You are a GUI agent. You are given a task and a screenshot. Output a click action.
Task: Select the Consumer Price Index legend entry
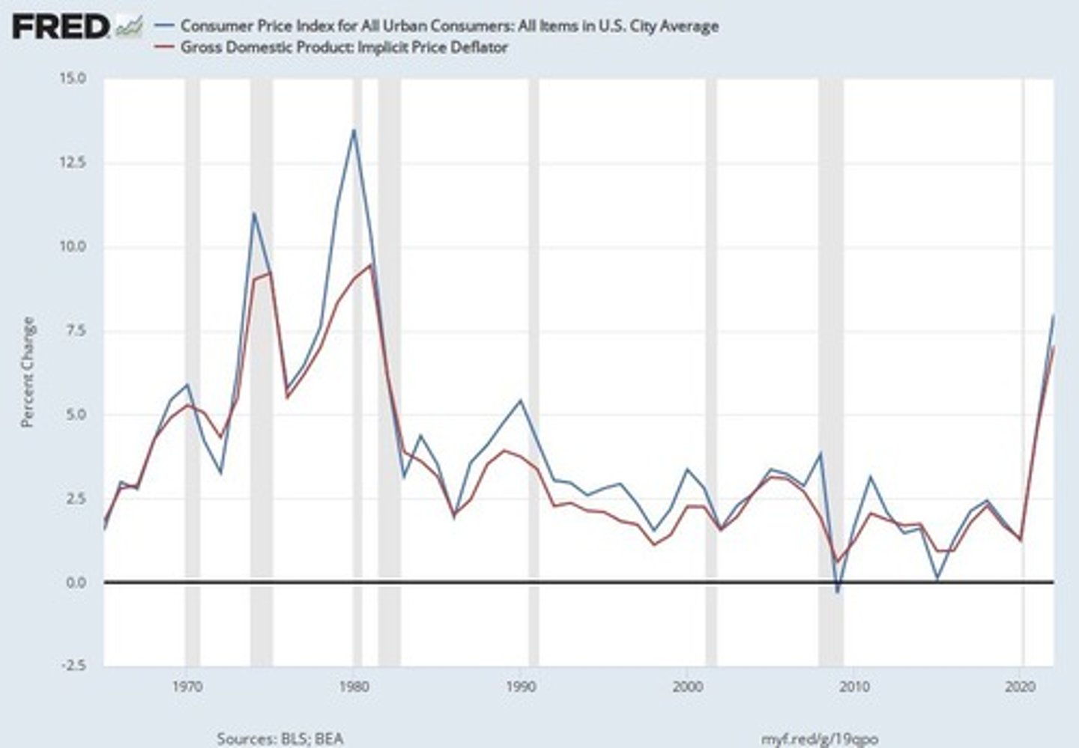coord(449,26)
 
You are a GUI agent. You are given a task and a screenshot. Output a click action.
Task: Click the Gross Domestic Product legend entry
coord(344,48)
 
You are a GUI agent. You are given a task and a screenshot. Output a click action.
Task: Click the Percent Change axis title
coord(28,372)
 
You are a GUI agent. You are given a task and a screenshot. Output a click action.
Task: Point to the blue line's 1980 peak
coord(354,130)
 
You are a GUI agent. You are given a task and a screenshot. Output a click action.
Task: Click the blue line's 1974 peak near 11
coord(254,213)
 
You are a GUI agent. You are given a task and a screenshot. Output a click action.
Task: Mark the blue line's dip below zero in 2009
coord(838,592)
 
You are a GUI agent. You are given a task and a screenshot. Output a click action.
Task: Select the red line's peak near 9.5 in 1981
coord(371,264)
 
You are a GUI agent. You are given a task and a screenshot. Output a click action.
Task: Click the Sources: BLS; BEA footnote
coord(279,738)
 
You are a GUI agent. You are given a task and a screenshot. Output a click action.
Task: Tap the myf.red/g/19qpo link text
coord(819,738)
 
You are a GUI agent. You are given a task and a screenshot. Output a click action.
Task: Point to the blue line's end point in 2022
coord(1054,315)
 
